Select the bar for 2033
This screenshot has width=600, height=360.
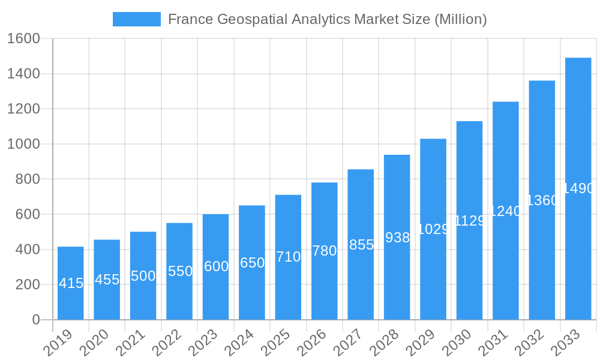(x=578, y=252)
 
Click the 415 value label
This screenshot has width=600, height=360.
(x=71, y=283)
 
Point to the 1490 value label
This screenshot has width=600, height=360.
(x=578, y=188)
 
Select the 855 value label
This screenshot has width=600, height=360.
(x=361, y=245)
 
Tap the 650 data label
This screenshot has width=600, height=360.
(x=252, y=263)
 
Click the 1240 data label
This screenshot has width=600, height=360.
(x=505, y=211)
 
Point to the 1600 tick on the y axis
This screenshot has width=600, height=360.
(x=23, y=39)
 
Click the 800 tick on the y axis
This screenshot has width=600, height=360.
(x=28, y=179)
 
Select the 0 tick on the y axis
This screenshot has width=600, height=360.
(x=36, y=320)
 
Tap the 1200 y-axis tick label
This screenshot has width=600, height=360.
(x=23, y=109)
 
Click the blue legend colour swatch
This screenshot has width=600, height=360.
(x=137, y=19)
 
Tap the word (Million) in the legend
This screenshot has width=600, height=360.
(x=460, y=19)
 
